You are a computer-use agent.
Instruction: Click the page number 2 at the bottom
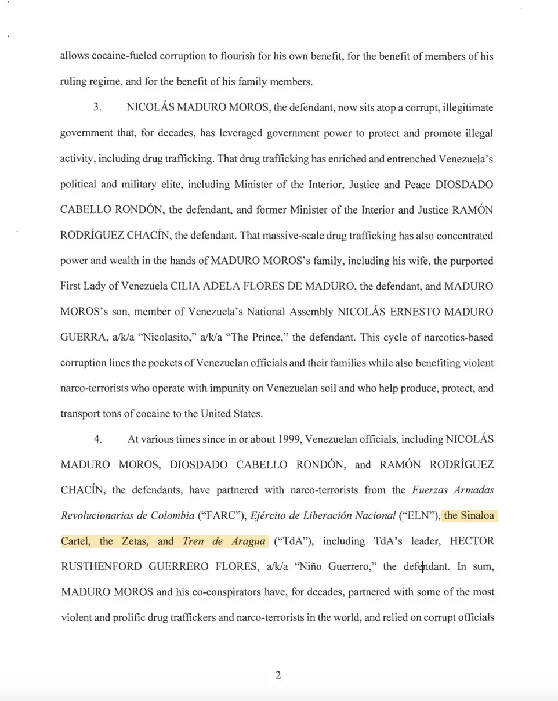(278, 675)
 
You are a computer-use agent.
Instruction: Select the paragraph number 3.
(98, 108)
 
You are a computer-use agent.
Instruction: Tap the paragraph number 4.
(98, 439)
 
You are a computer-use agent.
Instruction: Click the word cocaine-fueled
(115, 57)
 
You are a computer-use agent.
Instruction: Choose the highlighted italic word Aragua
(246, 541)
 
